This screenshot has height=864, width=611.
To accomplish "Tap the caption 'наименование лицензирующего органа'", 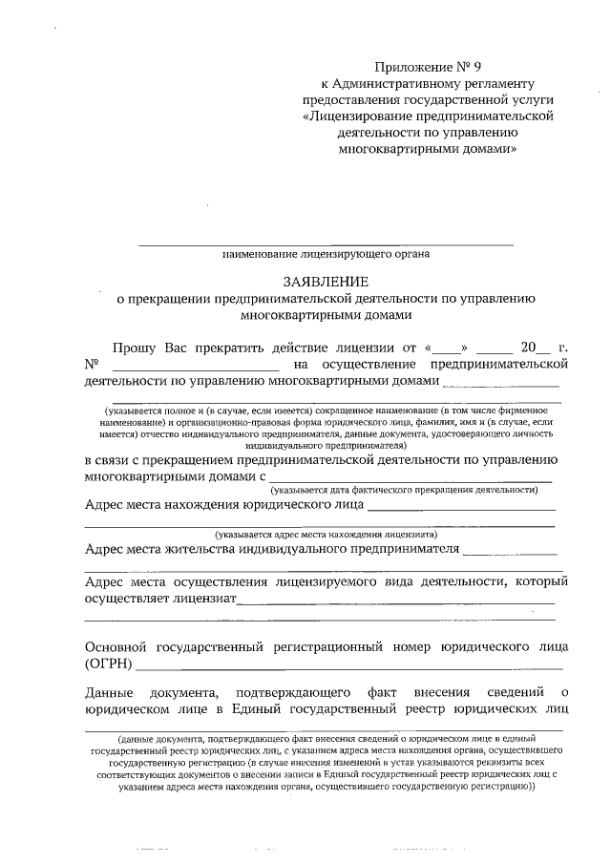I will tap(326, 254).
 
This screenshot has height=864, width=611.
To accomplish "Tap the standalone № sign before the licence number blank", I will tap(93, 366).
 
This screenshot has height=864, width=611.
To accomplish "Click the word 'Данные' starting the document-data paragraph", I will tap(109, 690).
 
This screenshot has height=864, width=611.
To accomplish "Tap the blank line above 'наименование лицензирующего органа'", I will tap(326, 245).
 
